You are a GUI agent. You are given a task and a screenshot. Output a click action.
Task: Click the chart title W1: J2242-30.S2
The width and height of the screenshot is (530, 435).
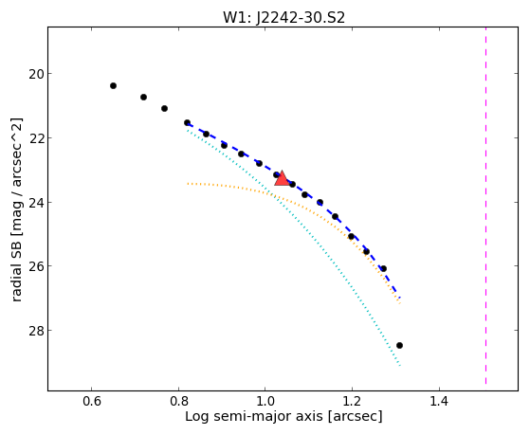click(283, 17)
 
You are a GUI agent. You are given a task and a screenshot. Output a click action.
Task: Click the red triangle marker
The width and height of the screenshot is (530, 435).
click(282, 179)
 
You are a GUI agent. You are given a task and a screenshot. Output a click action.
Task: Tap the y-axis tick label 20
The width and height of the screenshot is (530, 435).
click(36, 74)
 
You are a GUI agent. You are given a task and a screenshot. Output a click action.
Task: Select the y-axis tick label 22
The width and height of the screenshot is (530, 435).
click(36, 138)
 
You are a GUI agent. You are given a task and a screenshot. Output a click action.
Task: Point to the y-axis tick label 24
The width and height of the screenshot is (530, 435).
click(36, 203)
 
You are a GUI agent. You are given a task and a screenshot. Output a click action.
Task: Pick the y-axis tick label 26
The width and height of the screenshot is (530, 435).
click(36, 266)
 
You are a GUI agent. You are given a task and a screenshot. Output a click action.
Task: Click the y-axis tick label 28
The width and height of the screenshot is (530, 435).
click(36, 331)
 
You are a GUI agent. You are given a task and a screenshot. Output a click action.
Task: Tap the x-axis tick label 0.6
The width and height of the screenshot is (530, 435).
click(92, 401)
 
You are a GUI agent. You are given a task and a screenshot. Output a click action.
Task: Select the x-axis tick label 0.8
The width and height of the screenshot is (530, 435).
click(178, 401)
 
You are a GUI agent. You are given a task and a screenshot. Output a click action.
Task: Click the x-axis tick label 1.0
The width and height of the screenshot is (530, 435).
click(265, 401)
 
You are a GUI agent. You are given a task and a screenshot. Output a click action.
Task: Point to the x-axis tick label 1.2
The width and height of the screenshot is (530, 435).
click(352, 401)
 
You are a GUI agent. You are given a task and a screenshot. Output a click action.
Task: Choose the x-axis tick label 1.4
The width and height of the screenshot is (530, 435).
click(439, 401)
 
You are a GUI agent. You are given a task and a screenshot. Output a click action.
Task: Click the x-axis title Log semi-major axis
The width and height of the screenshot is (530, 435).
click(254, 417)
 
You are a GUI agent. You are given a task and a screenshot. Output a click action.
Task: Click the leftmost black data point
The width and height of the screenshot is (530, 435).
click(113, 86)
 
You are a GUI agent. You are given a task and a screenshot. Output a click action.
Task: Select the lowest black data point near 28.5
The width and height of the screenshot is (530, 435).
click(399, 345)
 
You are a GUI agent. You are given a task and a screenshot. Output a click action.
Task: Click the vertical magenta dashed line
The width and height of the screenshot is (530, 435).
click(486, 206)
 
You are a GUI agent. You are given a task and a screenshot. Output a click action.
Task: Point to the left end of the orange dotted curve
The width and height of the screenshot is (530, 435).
click(188, 184)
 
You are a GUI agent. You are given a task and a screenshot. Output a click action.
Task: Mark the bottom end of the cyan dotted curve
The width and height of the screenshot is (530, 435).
click(400, 366)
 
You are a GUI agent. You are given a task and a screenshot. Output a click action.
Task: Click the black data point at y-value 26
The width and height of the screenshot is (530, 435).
click(383, 269)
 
